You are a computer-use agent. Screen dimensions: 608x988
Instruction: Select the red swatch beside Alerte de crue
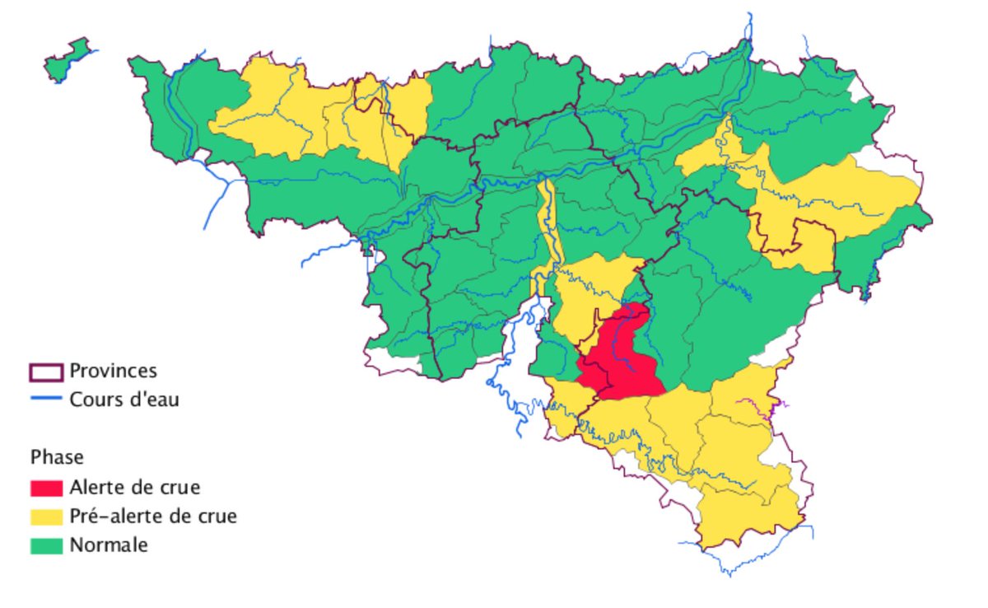pos(47,488)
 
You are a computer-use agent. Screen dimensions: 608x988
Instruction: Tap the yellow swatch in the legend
pos(47,517)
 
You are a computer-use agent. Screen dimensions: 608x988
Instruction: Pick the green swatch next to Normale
pos(47,545)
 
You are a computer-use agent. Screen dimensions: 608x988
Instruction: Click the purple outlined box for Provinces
pos(46,372)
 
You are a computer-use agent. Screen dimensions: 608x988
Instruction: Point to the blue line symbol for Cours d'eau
pos(46,400)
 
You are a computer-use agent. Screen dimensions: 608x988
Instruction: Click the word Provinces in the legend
pos(113,371)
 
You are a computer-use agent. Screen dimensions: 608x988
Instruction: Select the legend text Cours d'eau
pos(124,400)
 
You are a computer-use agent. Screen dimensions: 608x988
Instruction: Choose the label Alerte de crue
pos(134,487)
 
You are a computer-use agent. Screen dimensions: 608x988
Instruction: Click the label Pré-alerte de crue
pos(153,517)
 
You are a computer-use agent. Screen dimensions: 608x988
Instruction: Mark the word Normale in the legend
pos(109,545)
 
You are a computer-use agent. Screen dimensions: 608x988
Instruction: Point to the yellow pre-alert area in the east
pos(832,198)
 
